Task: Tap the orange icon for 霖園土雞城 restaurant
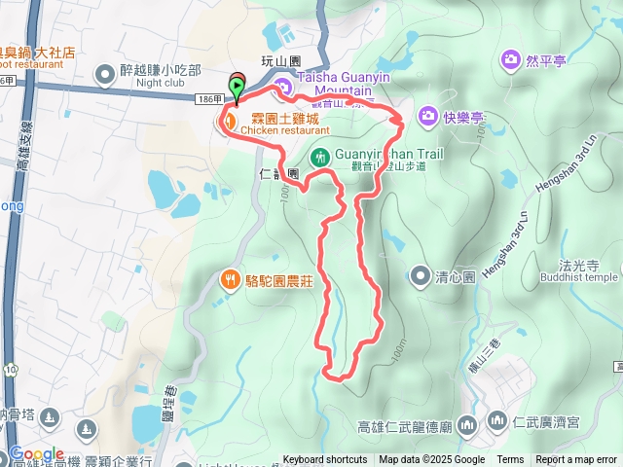coord(227,121)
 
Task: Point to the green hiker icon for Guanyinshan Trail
coord(319,156)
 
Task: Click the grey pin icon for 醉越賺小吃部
coord(105,71)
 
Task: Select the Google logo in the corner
coord(37,454)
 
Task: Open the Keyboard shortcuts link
coord(325,460)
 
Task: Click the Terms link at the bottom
coord(510,460)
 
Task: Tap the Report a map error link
coord(577,460)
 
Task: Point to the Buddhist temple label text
coord(576,277)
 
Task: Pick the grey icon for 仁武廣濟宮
coord(496,421)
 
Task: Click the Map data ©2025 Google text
coord(432,460)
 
